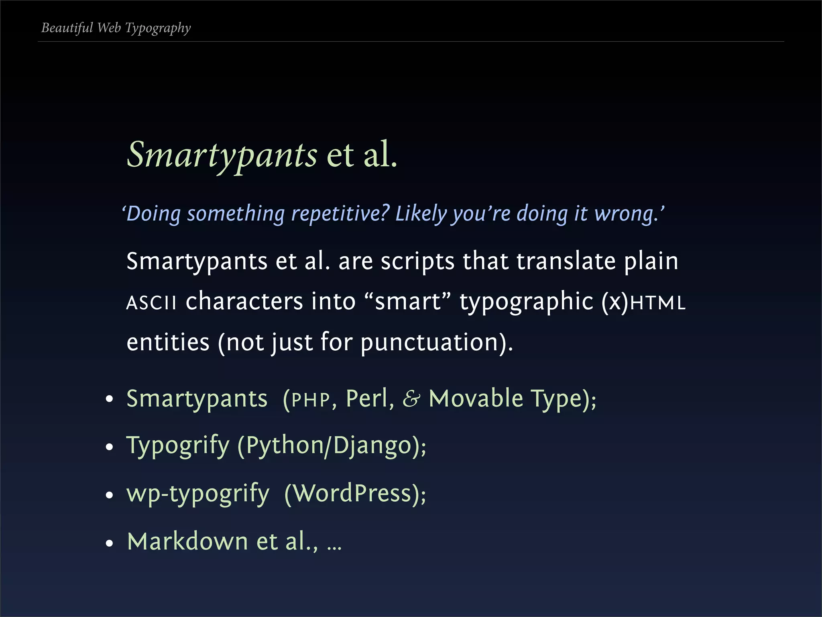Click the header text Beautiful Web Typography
click(116, 28)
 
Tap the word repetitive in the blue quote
click(340, 213)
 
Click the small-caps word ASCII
click(151, 302)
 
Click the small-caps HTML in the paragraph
click(657, 302)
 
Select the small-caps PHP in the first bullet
click(311, 400)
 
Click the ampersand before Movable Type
click(411, 399)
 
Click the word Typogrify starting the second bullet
click(178, 446)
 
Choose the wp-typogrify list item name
click(198, 494)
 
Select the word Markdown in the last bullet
click(187, 541)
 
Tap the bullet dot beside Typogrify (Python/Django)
click(109, 447)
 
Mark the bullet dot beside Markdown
click(109, 543)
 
